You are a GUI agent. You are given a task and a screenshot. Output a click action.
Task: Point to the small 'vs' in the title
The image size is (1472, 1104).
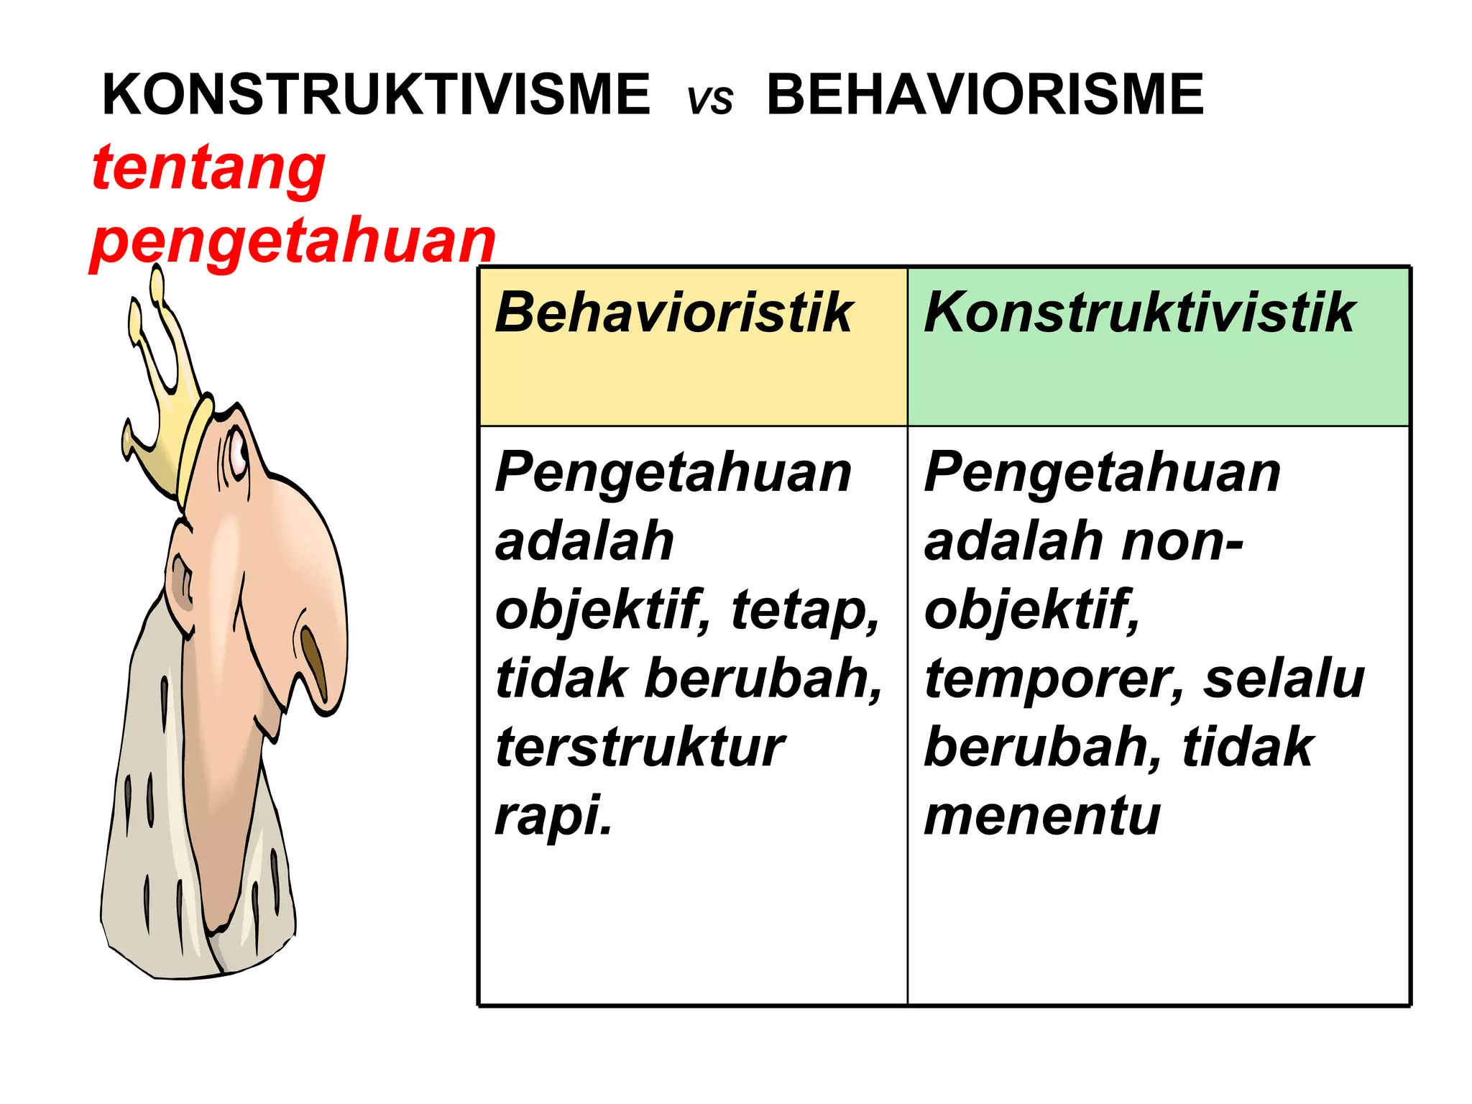tap(710, 100)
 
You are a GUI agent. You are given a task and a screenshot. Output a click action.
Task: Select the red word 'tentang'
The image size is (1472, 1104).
tap(208, 168)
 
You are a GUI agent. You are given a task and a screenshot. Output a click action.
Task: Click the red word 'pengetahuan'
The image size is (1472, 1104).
tap(293, 241)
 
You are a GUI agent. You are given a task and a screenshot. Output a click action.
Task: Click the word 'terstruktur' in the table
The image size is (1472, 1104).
tap(640, 747)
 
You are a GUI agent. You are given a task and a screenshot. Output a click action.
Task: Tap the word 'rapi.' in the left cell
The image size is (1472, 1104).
tap(553, 816)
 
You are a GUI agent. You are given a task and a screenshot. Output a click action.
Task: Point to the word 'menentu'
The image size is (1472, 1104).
tap(1042, 816)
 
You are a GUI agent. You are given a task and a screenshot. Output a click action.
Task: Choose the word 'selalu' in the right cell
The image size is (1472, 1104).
tap(1284, 679)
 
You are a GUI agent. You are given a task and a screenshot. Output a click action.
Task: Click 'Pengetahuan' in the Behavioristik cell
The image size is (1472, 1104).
tap(673, 473)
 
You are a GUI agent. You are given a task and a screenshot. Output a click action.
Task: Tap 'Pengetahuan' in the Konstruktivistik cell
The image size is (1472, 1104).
tap(1103, 473)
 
